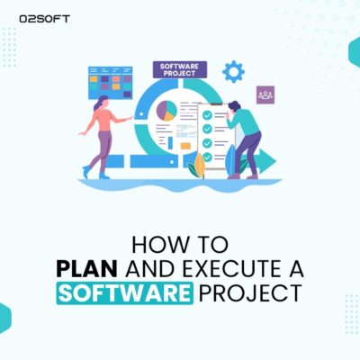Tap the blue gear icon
[233, 71]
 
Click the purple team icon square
[265, 94]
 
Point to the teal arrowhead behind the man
[268, 163]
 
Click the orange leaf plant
[200, 165]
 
